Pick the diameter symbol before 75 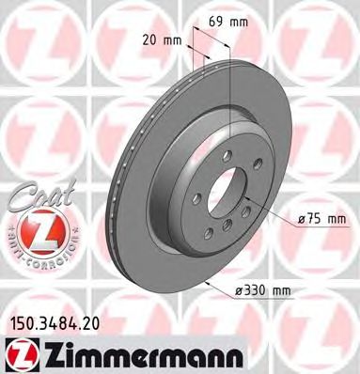click(x=301, y=218)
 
